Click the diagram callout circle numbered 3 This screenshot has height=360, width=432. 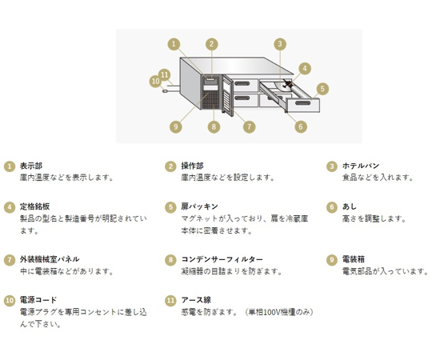[x=280, y=44]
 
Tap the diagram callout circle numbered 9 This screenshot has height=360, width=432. [x=176, y=126]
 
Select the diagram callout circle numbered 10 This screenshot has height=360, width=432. [x=155, y=81]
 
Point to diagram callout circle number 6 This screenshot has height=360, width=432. [x=301, y=126]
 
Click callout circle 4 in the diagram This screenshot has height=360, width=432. [x=305, y=68]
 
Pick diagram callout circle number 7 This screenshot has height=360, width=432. [x=249, y=126]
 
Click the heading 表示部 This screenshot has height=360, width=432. [x=31, y=166]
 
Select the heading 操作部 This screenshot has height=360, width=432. [x=192, y=166]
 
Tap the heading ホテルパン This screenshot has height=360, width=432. [x=361, y=166]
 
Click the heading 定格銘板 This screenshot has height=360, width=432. [x=34, y=206]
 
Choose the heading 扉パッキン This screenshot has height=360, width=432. [x=199, y=206]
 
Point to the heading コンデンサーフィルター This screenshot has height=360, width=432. [x=222, y=259]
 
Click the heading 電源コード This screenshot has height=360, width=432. [x=38, y=300]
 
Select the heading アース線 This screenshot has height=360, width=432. [x=196, y=300]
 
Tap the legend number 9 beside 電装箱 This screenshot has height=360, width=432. [x=332, y=260]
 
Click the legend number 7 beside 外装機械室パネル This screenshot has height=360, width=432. [x=10, y=260]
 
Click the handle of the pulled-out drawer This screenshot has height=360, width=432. [x=302, y=103]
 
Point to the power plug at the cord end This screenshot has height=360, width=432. [x=165, y=91]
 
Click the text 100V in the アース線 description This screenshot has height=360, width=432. [x=271, y=312]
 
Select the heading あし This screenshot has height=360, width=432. [x=350, y=206]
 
